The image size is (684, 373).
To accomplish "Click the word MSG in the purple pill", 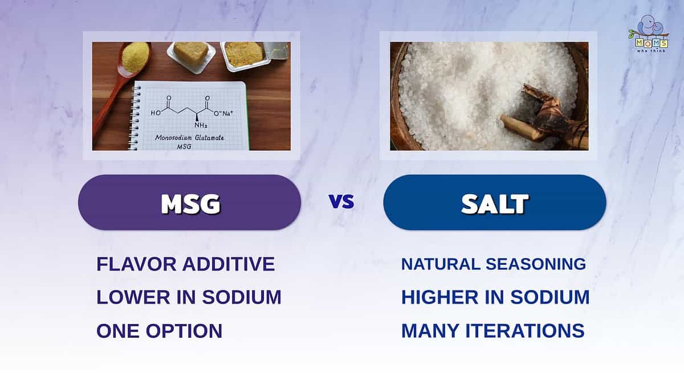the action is (x=190, y=203).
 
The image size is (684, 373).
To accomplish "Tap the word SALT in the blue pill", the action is (x=495, y=203).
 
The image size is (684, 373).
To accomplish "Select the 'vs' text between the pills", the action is (x=341, y=201).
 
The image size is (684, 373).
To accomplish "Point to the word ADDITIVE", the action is (x=229, y=264).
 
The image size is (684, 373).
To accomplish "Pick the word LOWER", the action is (x=133, y=297).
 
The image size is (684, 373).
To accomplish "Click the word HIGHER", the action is (x=439, y=297).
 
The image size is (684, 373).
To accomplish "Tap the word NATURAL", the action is (x=441, y=264).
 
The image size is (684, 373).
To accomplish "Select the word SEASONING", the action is (x=536, y=264).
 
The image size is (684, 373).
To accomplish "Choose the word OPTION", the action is (x=184, y=331).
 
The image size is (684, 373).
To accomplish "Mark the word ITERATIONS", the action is (x=524, y=331).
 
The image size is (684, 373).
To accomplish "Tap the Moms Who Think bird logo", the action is (x=649, y=34).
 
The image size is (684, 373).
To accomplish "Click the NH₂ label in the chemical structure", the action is (x=201, y=125).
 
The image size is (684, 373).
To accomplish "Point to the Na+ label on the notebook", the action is (x=227, y=113).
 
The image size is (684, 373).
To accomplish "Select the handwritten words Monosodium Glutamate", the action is (x=190, y=138).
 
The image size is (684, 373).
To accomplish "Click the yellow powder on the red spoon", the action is (x=135, y=58).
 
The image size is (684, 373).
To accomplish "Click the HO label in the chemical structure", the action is (x=156, y=113).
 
